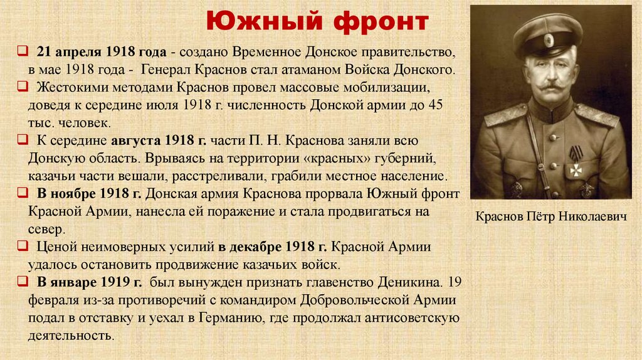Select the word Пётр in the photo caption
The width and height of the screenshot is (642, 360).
(540, 217)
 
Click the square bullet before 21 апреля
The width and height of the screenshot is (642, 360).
(22, 51)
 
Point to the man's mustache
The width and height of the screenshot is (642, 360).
(551, 85)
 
